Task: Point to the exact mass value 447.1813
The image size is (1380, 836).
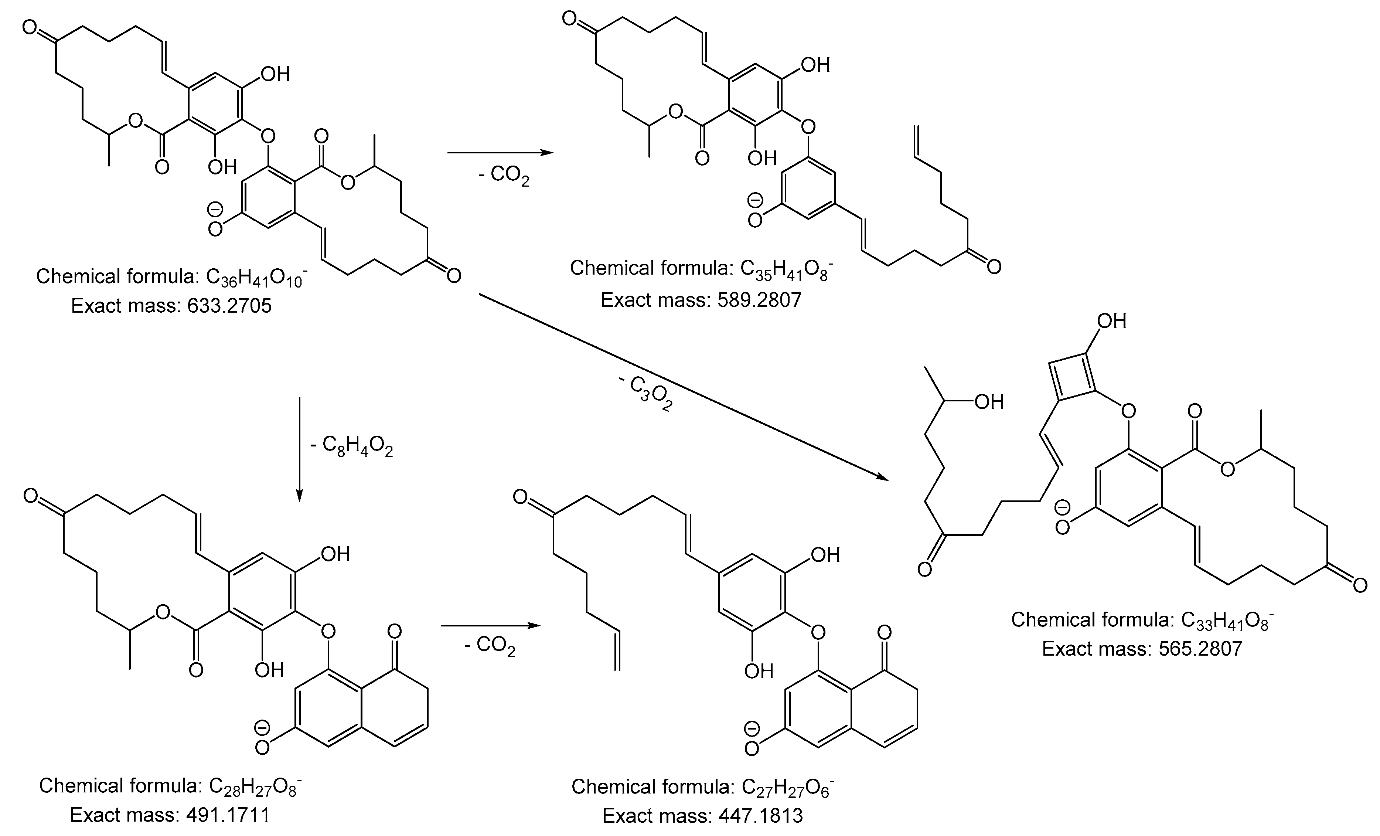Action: coord(760,816)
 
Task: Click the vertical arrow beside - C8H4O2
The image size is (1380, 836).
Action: coord(300,448)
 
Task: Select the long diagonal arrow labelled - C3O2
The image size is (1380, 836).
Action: coord(683,387)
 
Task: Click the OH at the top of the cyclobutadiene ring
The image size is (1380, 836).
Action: coord(1111,321)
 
